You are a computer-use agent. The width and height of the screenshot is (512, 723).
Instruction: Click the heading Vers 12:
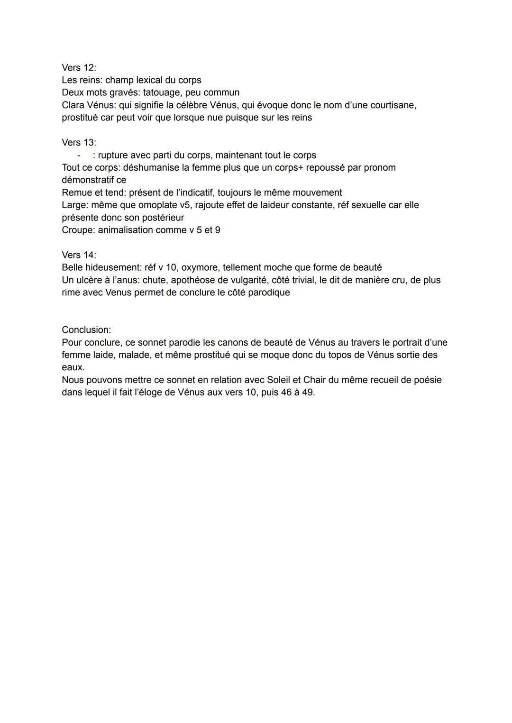[79, 67]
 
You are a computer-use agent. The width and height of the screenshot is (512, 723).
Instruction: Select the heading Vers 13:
[79, 142]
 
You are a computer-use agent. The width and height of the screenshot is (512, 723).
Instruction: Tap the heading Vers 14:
[79, 255]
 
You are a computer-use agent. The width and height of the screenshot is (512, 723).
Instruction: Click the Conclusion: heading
[86, 329]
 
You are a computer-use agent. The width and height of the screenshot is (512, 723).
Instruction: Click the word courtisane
[393, 105]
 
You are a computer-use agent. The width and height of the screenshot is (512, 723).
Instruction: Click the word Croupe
[77, 230]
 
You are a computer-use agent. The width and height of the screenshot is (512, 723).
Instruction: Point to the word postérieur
[163, 218]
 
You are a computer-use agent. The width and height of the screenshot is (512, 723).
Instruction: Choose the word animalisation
[127, 230]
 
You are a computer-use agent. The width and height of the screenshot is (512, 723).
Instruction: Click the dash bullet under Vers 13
[79, 155]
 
